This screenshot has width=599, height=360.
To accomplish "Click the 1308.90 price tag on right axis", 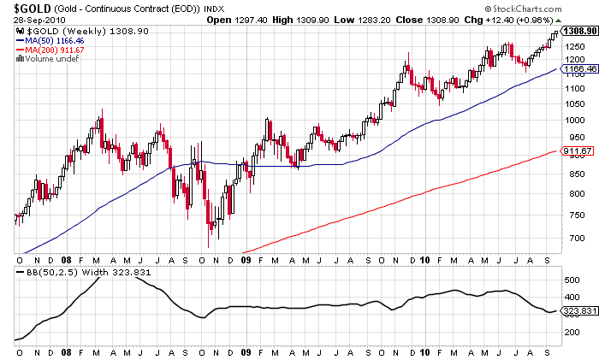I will (x=578, y=30).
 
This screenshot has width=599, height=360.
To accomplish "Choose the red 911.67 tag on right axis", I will (x=578, y=151).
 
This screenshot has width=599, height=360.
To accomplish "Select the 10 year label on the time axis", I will (x=425, y=259).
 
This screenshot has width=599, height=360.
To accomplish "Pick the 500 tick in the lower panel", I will (x=570, y=280).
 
